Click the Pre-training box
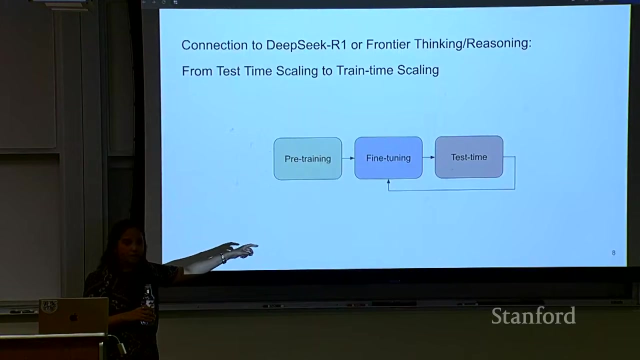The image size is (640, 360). point(307,158)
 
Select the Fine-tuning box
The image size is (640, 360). point(388,157)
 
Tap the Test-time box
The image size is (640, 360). point(469,157)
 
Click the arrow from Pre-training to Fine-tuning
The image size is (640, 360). point(348,158)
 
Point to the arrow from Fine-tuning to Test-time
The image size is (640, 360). point(428,157)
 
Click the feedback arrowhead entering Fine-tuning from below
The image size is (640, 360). point(388,181)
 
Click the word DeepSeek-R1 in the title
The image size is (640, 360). point(306,45)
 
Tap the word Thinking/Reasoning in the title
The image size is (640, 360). point(473,43)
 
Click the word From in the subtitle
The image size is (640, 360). point(197,71)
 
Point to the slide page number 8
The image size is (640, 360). point(613,252)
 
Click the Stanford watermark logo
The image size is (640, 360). point(533,315)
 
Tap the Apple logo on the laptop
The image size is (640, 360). point(74,317)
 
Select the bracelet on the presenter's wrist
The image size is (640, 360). point(223,258)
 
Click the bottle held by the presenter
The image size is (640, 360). point(147,303)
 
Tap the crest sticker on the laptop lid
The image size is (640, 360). point(49,306)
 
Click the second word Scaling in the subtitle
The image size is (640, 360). point(418,70)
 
